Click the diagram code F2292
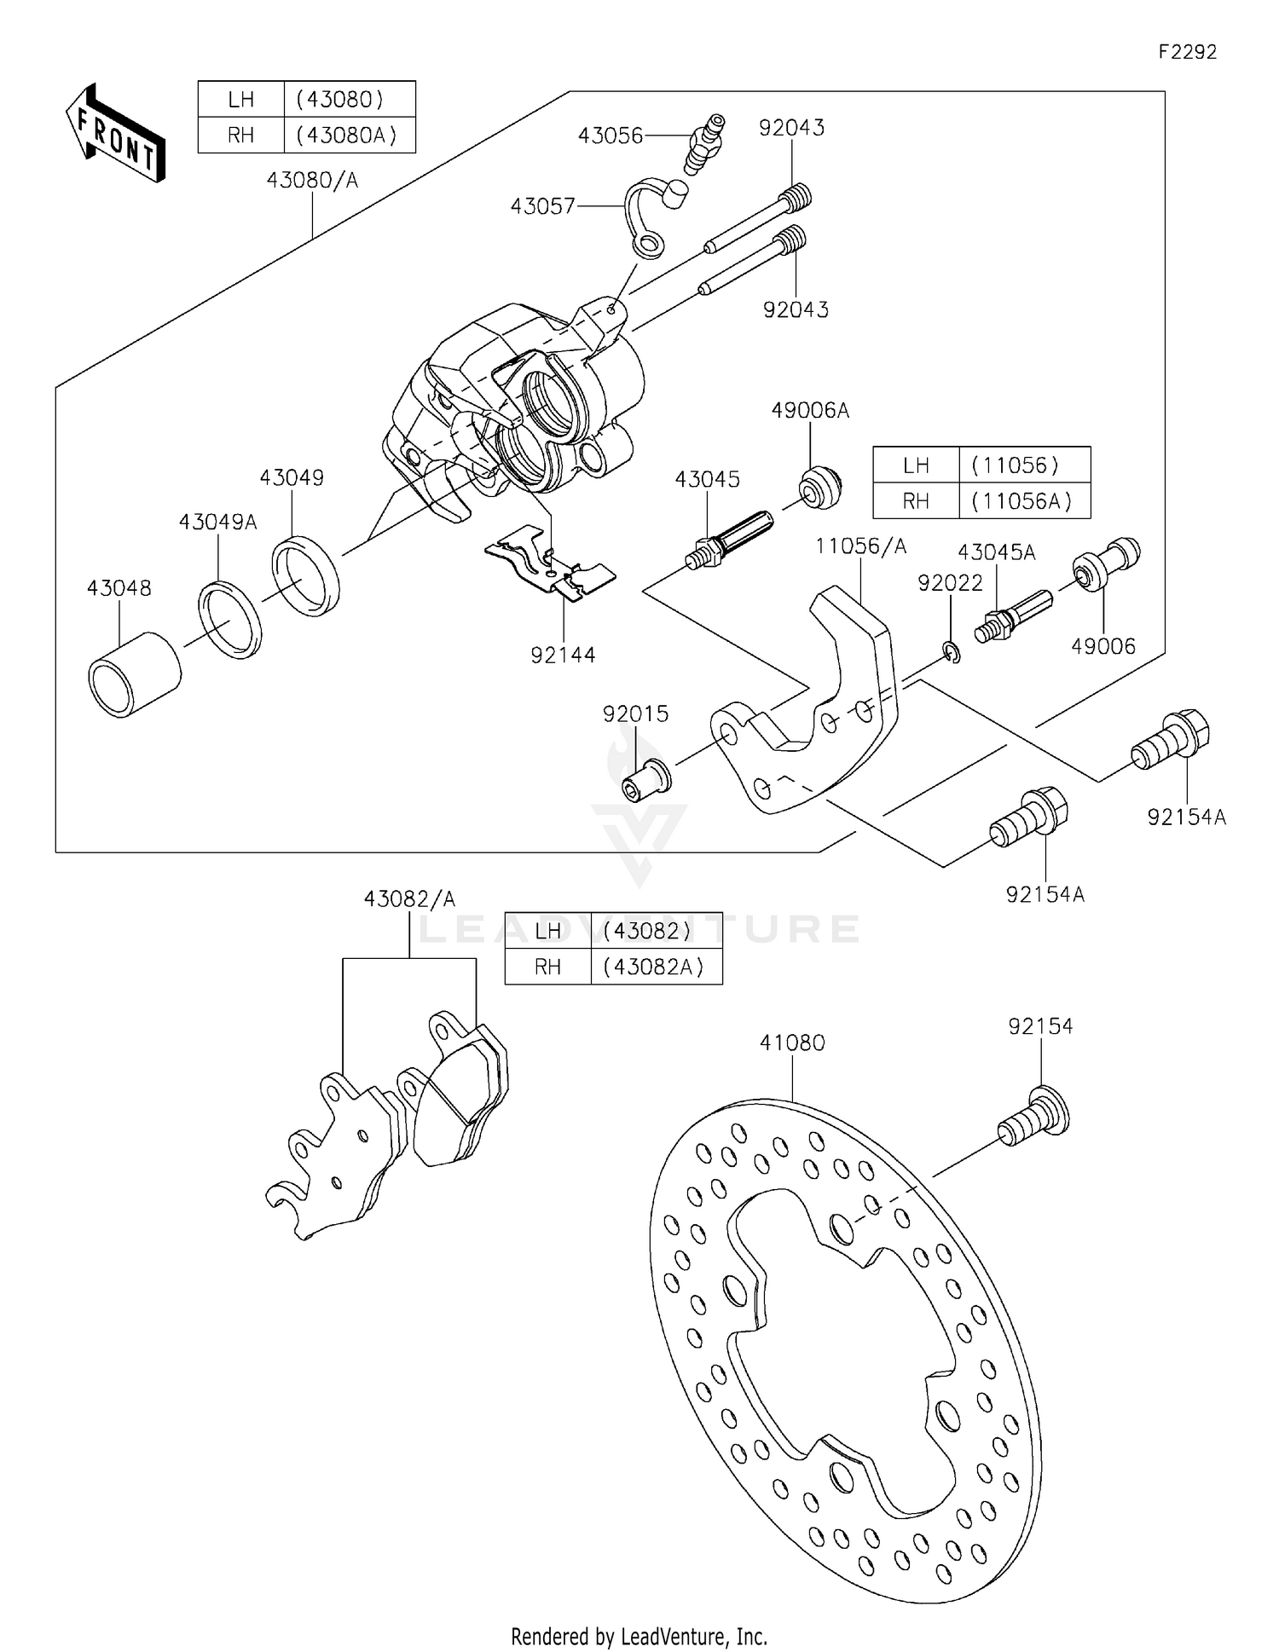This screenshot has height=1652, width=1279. coord(1187,52)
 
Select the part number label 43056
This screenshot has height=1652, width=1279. coord(610,136)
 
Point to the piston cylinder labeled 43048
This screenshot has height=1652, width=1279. coord(134,675)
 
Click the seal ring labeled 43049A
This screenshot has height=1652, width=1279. coord(230,619)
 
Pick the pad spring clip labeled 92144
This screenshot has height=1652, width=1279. coord(551,563)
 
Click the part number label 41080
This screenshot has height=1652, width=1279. coord(792,1043)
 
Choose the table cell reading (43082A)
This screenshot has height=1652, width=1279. coord(655,967)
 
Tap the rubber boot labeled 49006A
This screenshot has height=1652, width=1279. coord(820,488)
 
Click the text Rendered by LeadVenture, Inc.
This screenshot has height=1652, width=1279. coord(639,1636)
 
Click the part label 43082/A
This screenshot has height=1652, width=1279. coord(409,898)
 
